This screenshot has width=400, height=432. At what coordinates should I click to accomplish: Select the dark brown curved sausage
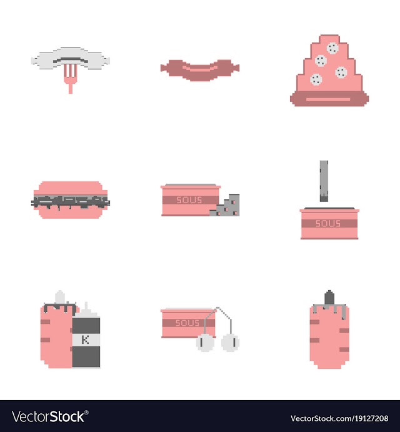[x=200, y=70]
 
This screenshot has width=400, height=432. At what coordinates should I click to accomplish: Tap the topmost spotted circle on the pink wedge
[x=332, y=48]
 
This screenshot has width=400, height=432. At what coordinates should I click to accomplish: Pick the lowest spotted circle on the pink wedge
[x=316, y=79]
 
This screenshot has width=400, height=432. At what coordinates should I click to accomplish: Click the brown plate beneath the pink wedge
[x=329, y=99]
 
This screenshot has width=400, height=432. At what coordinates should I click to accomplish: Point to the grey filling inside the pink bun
[x=71, y=203]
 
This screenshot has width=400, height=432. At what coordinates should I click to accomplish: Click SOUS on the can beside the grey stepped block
[x=189, y=200]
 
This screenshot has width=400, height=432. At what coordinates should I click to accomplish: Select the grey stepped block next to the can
[x=224, y=205]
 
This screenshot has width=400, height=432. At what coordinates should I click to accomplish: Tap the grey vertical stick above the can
[x=324, y=181]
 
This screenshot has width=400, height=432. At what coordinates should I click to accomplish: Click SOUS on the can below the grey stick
[x=328, y=223]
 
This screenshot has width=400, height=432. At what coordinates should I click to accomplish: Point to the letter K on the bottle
[x=86, y=339]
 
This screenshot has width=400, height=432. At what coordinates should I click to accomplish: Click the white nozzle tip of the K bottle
[x=86, y=306]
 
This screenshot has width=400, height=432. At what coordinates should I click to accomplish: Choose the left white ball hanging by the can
[x=205, y=343]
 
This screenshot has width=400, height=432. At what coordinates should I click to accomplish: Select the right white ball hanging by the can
[x=230, y=343]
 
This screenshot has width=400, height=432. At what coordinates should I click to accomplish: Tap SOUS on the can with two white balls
[x=187, y=323]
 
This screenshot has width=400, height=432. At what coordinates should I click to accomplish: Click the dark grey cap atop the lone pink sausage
[x=329, y=298]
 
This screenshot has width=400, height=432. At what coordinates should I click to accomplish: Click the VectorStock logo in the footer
[x=50, y=416]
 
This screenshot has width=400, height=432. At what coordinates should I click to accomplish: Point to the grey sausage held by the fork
[x=71, y=59]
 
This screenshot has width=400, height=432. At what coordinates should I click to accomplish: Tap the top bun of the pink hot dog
[x=71, y=189]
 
